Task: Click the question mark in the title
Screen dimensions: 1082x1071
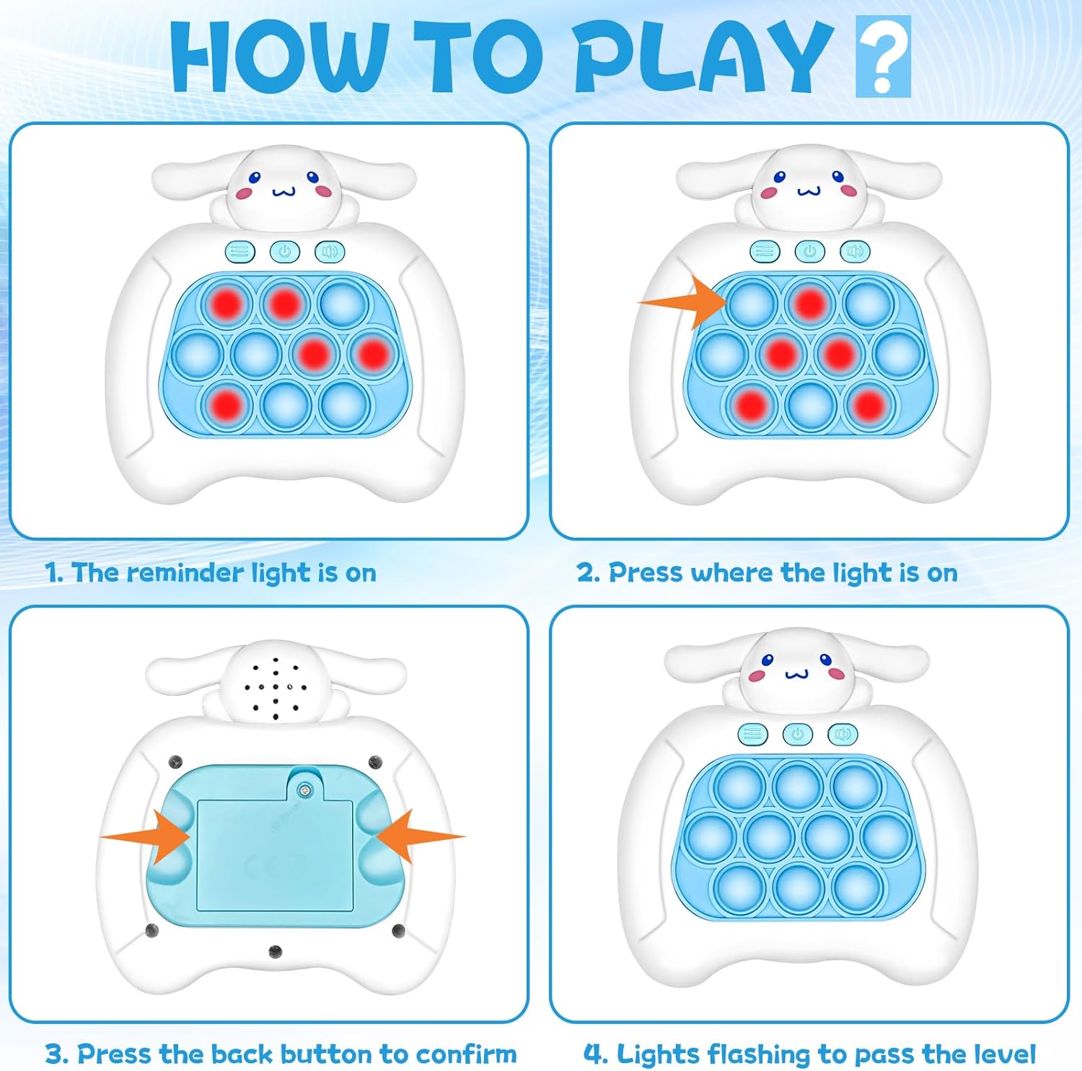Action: [883, 56]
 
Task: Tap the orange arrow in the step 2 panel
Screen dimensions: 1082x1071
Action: [685, 302]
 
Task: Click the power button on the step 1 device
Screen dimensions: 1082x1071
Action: [285, 251]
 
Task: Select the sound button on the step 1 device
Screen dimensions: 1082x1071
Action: [330, 251]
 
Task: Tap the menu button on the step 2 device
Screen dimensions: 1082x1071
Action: [765, 251]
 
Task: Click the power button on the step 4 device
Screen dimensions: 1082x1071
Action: [798, 734]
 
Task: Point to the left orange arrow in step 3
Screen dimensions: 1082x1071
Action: [146, 836]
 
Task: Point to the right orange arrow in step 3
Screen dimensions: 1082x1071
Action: [421, 836]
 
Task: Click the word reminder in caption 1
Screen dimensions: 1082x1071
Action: [186, 572]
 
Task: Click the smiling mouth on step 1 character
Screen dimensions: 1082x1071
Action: [284, 192]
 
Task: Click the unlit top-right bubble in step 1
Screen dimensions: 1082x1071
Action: [343, 303]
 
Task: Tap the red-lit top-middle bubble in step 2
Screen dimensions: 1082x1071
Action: [810, 303]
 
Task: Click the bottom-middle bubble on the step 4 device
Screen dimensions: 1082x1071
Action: [799, 887]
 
